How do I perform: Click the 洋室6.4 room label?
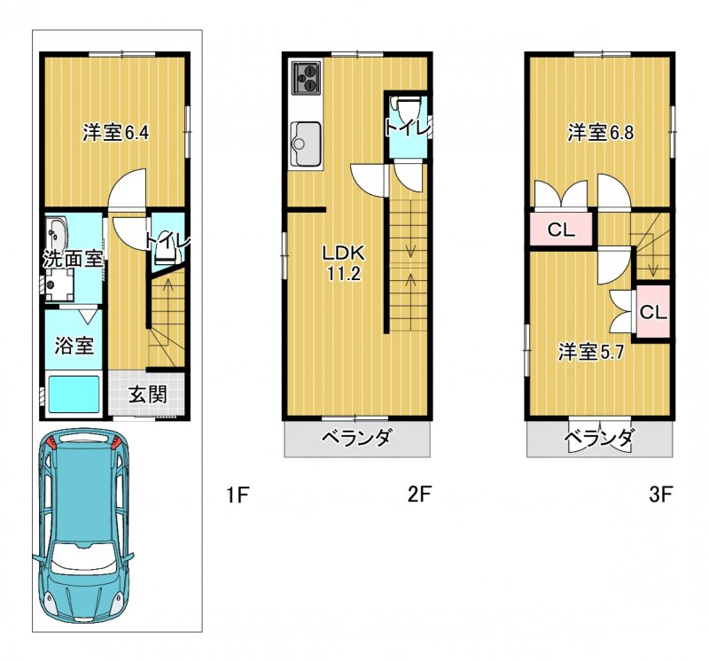(x=116, y=133)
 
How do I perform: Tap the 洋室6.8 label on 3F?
(x=601, y=133)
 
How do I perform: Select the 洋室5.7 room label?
(x=591, y=352)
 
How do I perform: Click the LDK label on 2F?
(x=343, y=253)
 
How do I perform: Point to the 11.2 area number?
(x=344, y=274)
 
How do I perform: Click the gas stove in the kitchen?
(x=307, y=78)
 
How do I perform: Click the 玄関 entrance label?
(x=147, y=394)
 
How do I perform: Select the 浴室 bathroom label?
(x=74, y=346)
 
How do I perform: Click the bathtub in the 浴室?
(x=74, y=393)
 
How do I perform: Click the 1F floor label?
(x=238, y=495)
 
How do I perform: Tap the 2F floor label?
(x=419, y=495)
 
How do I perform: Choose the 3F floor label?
(x=660, y=495)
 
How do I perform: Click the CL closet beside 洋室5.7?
(x=653, y=312)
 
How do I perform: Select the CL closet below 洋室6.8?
(x=561, y=230)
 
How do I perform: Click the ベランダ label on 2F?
(x=356, y=438)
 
